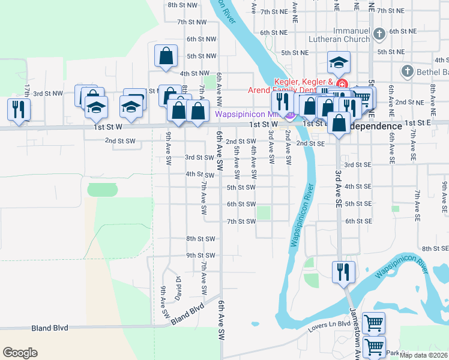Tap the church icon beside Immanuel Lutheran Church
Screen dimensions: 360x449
pos(379,34)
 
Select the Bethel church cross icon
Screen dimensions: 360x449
pos(407,72)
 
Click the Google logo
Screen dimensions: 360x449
pos(20,353)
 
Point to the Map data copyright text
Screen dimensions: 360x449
pos(423,355)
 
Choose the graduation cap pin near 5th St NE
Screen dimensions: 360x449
pos(339,62)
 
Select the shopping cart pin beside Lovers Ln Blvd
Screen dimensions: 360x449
pos(373,323)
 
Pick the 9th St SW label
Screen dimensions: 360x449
pos(200,256)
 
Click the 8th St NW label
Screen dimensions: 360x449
pos(182,5)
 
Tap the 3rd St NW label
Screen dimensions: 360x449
pos(47,94)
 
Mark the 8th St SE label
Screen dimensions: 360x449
pos(435,248)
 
